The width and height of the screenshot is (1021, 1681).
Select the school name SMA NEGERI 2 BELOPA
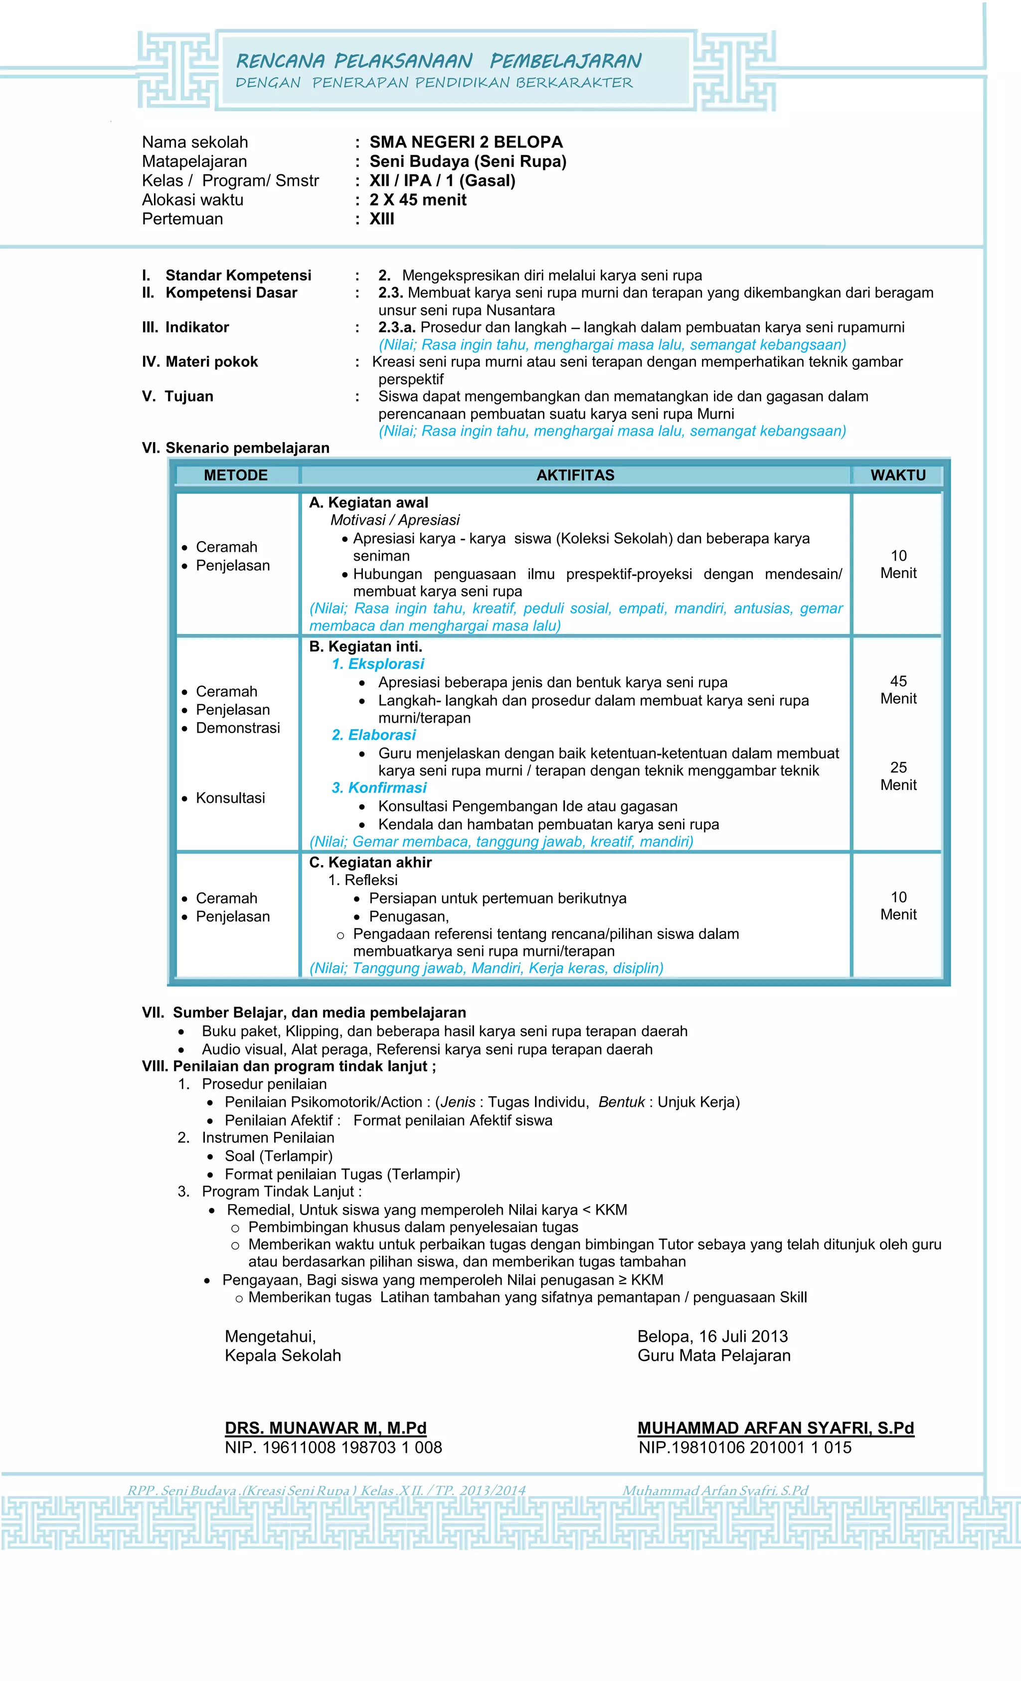[x=466, y=142]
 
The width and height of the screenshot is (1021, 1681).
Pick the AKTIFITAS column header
[x=575, y=475]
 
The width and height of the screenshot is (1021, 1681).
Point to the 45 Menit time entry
[x=898, y=690]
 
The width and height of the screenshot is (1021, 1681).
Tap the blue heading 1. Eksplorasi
[x=377, y=664]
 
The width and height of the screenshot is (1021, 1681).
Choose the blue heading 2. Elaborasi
[x=373, y=735]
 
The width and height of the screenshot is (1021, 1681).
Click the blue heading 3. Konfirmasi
[x=379, y=788]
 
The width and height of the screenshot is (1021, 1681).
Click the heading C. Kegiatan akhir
[x=370, y=862]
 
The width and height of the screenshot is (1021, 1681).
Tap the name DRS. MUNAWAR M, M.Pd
[x=326, y=1428]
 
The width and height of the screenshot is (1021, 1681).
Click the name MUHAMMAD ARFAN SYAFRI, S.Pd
[x=775, y=1428]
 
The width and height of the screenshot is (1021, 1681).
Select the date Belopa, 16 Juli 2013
[x=712, y=1337]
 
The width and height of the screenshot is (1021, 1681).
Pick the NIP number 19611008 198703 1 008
[x=334, y=1447]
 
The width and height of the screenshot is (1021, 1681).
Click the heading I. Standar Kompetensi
[x=227, y=276]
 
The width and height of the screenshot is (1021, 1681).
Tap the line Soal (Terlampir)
[x=279, y=1156]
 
